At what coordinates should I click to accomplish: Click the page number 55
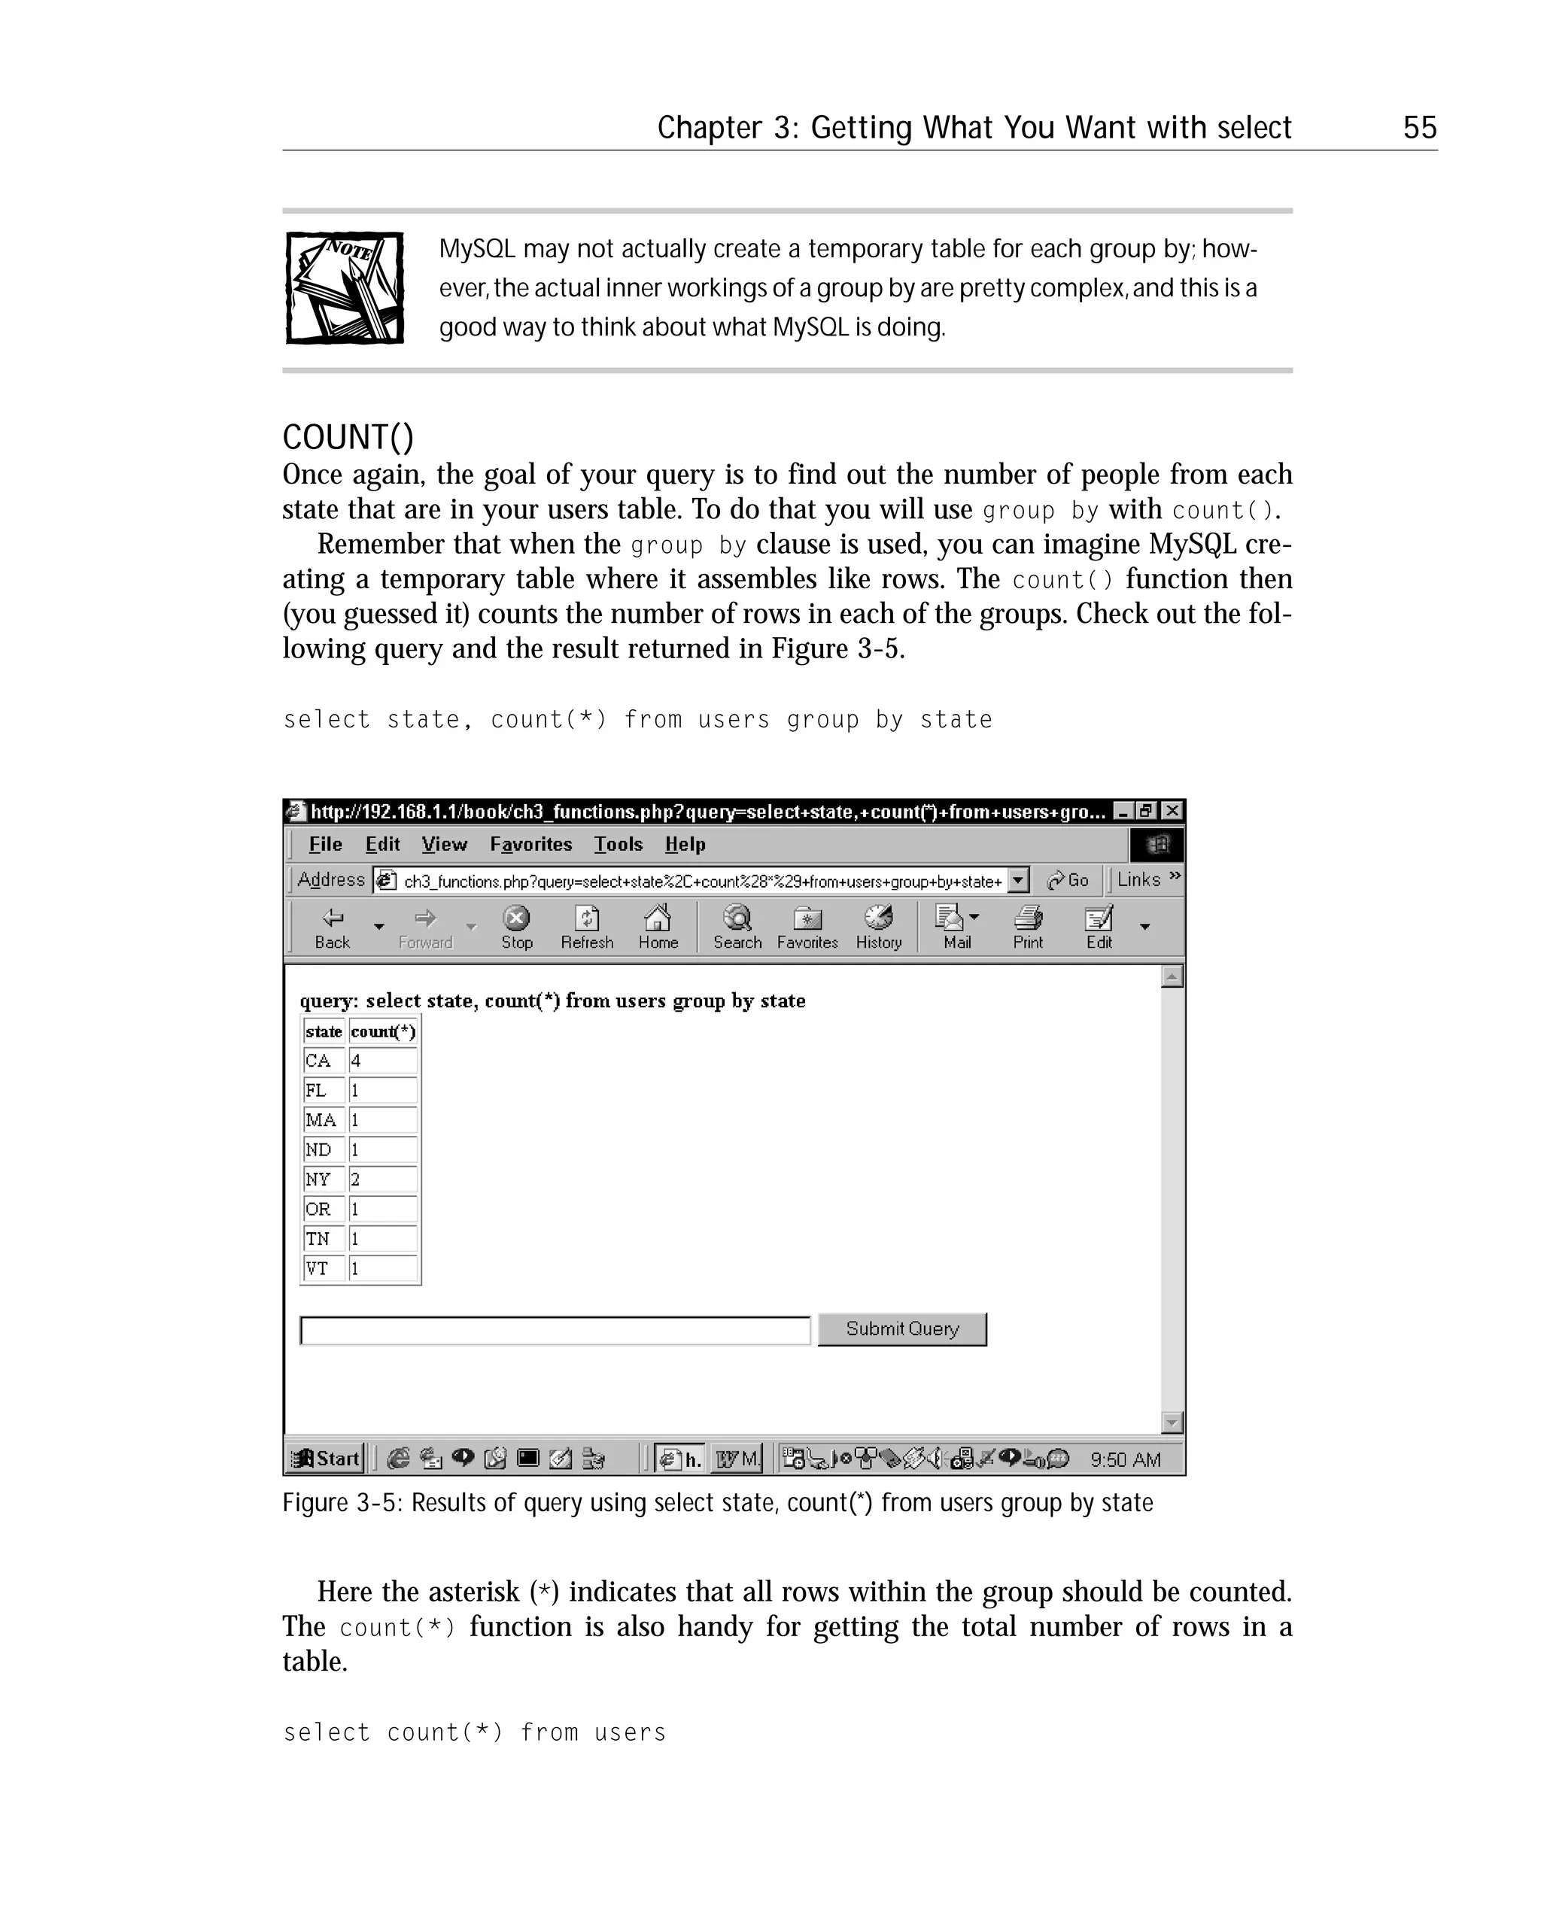1419,128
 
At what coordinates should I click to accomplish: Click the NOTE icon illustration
345,287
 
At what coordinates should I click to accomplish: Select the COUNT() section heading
348,437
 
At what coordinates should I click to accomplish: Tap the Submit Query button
901,1329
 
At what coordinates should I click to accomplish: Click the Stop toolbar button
517,927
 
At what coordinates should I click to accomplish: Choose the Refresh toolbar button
587,927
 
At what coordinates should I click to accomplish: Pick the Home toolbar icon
658,927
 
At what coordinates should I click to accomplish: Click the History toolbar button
878,927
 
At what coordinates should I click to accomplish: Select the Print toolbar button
1028,927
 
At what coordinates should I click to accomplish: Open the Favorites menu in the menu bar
530,844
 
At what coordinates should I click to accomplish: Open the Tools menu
619,844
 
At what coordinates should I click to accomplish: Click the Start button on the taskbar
327,1458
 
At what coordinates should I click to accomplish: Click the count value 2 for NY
382,1180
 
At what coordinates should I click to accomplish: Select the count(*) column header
382,1031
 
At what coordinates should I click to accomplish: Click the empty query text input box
555,1330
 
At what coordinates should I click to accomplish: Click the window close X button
1170,811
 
